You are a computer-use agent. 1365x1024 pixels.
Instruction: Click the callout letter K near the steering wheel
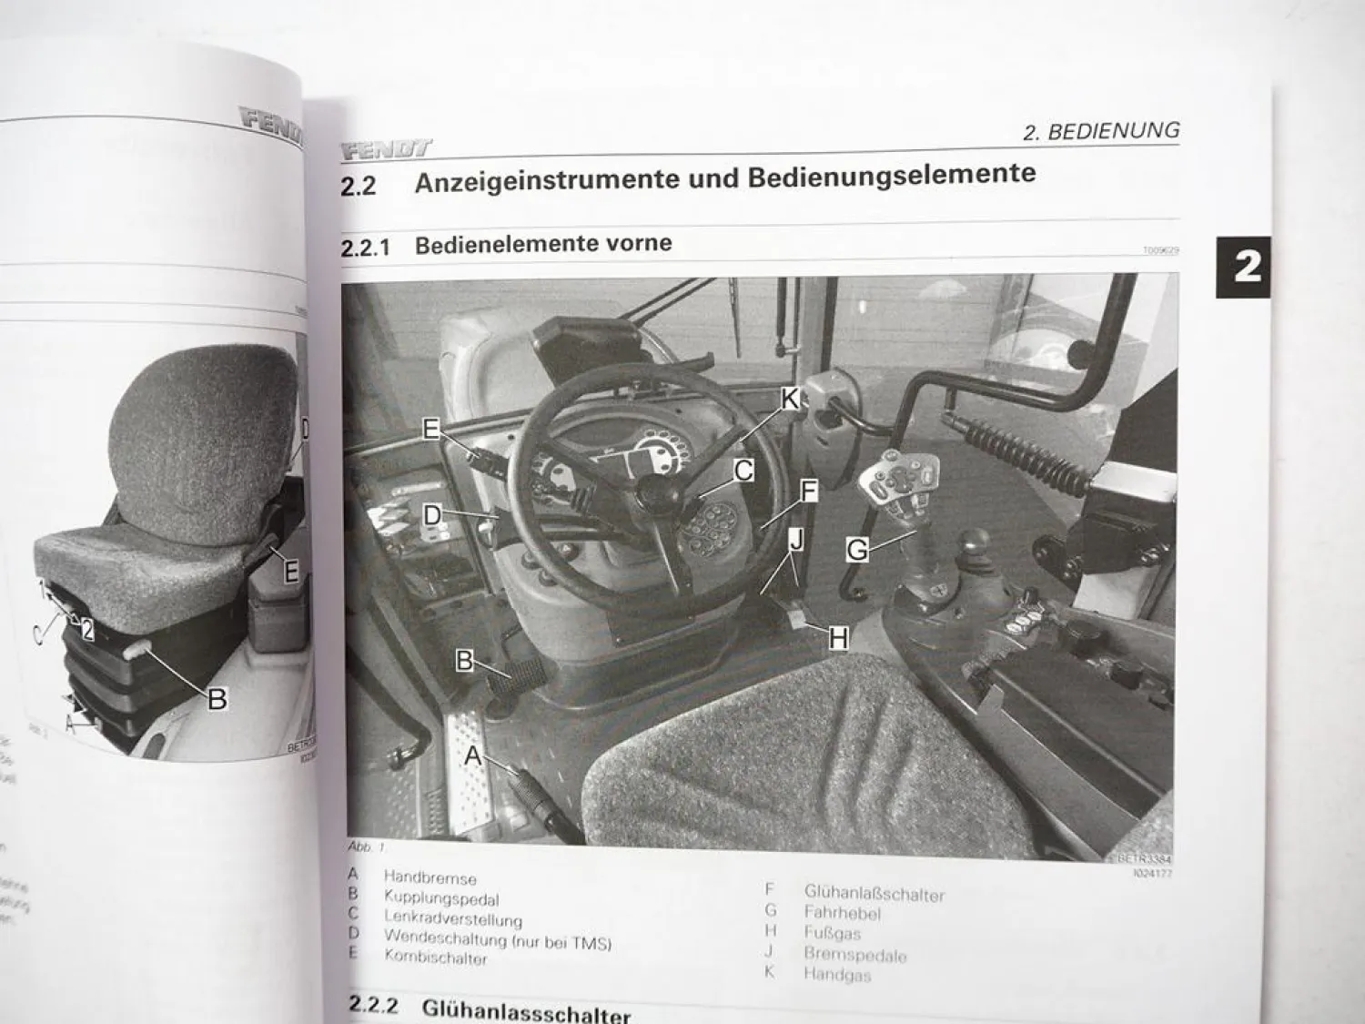789,398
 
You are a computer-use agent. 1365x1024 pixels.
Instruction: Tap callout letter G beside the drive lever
856,549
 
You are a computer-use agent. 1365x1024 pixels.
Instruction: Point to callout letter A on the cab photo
474,755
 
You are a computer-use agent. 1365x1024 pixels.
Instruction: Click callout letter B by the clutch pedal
465,661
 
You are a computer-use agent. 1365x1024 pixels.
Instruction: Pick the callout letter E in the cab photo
431,429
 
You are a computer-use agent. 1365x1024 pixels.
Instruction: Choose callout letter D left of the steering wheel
432,516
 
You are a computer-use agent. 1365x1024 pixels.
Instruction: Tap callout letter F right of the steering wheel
807,492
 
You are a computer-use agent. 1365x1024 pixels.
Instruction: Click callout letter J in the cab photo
796,540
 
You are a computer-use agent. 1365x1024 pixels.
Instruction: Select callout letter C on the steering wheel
743,471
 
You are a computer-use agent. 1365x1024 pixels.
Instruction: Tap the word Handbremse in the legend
430,878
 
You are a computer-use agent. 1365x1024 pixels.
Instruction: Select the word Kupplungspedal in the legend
441,898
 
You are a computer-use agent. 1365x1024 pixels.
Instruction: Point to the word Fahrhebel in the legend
842,912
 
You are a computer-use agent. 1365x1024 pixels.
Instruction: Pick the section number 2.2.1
365,248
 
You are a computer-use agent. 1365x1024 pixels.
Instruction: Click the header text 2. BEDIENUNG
1100,131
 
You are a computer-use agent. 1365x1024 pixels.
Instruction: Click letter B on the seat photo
217,699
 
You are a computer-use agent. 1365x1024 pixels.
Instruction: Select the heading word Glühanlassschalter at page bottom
526,1010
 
